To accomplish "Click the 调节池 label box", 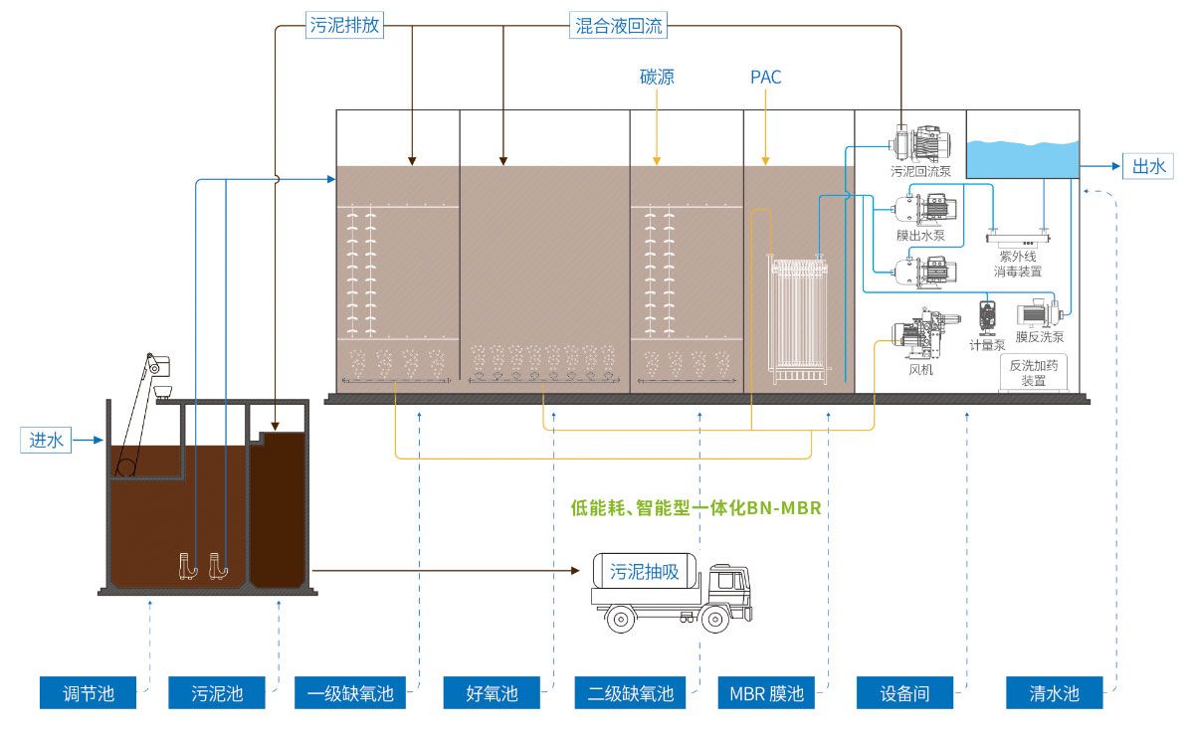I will pyautogui.click(x=89, y=693).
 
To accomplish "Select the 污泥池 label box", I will pyautogui.click(x=217, y=693).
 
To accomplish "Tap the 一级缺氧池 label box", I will pyautogui.click(x=344, y=693).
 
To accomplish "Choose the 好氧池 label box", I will pyautogui.click(x=493, y=693).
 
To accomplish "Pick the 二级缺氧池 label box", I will pyautogui.click(x=625, y=693).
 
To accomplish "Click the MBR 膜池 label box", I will pyautogui.click(x=767, y=693).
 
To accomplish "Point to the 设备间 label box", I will pyautogui.click(x=905, y=693).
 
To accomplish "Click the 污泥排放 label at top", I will pyautogui.click(x=343, y=26).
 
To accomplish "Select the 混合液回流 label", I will pyautogui.click(x=619, y=26).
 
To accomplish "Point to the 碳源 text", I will pyautogui.click(x=657, y=77).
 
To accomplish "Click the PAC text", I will pyautogui.click(x=766, y=77).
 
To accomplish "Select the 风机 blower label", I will pyautogui.click(x=921, y=370).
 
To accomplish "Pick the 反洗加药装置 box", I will pyautogui.click(x=1034, y=373).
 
